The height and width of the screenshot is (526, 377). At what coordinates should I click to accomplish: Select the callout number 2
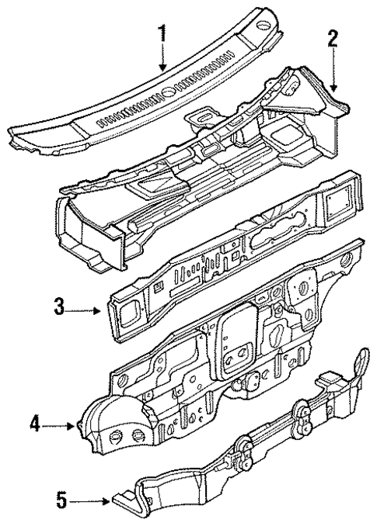pos(333,41)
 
